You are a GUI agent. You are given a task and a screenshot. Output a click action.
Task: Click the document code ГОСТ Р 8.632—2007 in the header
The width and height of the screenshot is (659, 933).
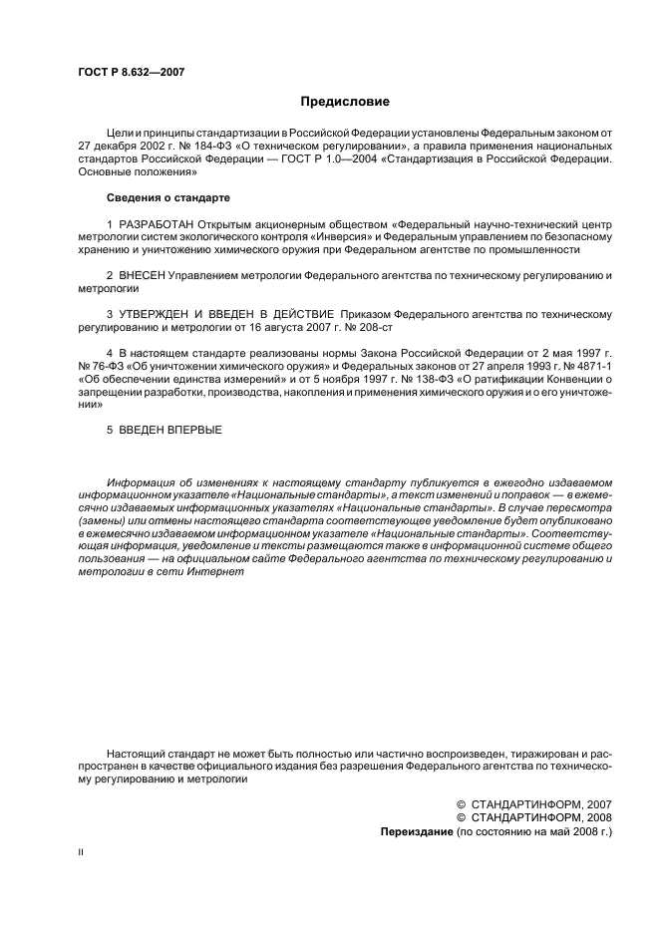(x=131, y=72)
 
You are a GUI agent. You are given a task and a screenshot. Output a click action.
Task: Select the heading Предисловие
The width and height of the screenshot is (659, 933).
(x=345, y=102)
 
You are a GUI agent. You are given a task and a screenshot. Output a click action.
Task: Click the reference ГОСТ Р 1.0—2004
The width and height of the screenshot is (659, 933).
(x=300, y=158)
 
